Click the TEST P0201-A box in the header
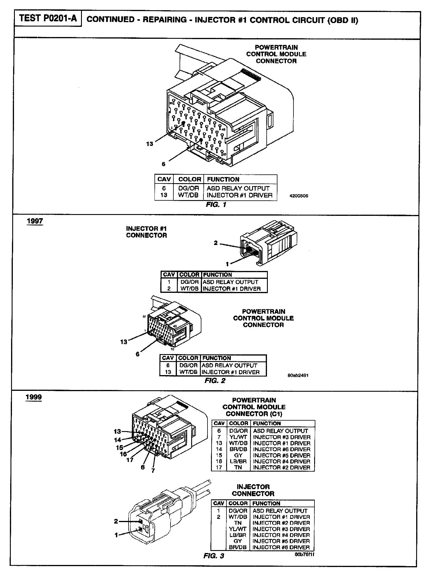coord(48,19)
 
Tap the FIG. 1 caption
coord(216,205)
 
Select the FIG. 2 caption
coord(215,381)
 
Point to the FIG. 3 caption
coord(214,556)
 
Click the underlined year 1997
coord(35,221)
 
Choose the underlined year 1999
coord(34,397)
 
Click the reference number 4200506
coord(299,196)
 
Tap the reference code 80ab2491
coord(298,375)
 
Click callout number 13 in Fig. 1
coord(150,144)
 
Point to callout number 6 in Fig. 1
coord(163,164)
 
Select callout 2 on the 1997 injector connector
coord(216,243)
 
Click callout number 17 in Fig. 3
coord(130,460)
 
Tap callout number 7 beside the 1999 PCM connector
coord(153,470)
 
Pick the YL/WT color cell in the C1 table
coord(238,437)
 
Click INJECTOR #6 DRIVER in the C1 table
coord(282,449)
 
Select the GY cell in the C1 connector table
coord(238,455)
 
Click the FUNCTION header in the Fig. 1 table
coord(223,179)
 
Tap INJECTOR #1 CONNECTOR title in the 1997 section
coord(146,232)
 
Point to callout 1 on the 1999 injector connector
coord(116,535)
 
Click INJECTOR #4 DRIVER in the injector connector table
coord(281,535)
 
